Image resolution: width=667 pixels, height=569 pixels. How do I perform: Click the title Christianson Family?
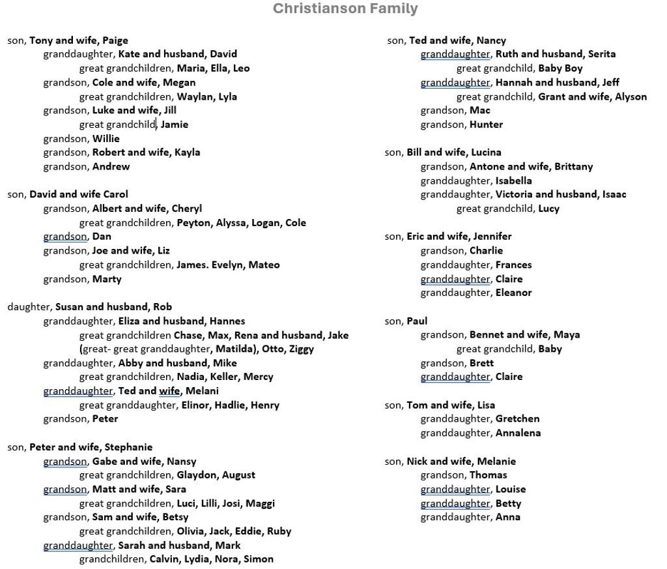[345, 8]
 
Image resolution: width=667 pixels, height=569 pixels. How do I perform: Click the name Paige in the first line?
[115, 40]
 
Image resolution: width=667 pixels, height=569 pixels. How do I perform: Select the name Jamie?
[175, 124]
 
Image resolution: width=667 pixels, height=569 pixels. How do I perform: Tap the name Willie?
[106, 138]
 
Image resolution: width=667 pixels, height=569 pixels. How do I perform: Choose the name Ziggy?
[301, 349]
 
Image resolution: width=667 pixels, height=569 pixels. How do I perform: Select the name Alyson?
[631, 96]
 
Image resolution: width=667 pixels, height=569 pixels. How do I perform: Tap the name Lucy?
[548, 209]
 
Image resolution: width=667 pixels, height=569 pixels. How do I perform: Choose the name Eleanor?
[513, 293]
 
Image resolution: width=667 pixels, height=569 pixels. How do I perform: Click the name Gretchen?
[517, 419]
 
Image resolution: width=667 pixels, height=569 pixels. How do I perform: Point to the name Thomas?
[488, 475]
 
